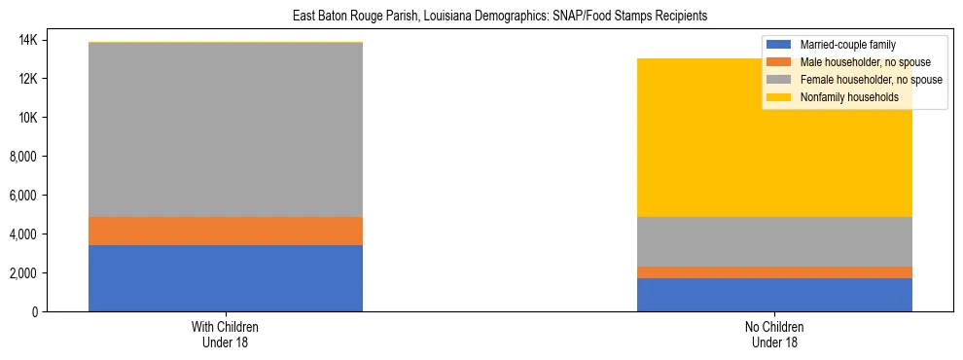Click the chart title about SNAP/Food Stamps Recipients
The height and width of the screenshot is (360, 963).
[499, 17]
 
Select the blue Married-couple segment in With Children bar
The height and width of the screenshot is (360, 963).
[225, 278]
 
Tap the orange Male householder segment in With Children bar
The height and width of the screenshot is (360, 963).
[225, 231]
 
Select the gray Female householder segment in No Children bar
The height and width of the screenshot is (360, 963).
[774, 241]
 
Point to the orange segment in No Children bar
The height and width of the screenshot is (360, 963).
[774, 272]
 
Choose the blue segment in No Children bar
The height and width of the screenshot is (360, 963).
[774, 295]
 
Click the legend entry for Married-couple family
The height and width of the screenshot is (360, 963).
[846, 45]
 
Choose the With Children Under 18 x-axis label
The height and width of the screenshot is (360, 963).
[225, 334]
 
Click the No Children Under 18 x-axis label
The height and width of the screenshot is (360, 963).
[774, 334]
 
